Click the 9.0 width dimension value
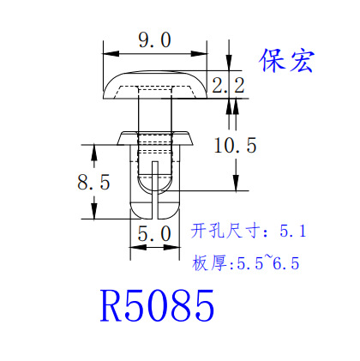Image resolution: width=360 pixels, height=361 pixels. [x=154, y=40]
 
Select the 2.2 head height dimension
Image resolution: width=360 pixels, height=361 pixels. [x=228, y=85]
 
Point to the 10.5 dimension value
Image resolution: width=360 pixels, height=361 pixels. [x=235, y=146]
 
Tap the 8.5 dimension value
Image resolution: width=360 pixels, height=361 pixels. [x=93, y=182]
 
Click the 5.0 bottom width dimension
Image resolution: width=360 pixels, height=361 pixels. [x=154, y=234]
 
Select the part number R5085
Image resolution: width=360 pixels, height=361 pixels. [x=157, y=305]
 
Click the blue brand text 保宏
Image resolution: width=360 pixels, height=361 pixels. [x=286, y=61]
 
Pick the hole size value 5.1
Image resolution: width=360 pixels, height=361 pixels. [x=293, y=231]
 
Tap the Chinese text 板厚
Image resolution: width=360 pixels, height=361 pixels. [x=209, y=263]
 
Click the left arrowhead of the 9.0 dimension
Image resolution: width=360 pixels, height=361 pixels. [x=111, y=53]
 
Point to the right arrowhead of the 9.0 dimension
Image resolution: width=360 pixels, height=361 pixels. [x=199, y=53]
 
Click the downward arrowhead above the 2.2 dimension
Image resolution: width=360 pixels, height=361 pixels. [x=229, y=63]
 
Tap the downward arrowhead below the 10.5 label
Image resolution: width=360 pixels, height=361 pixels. [x=236, y=183]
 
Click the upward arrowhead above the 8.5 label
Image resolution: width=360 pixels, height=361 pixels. [x=94, y=153]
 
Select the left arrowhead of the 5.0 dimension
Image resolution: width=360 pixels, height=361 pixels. [x=138, y=247]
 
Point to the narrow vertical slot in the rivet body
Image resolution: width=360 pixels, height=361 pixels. [x=155, y=190]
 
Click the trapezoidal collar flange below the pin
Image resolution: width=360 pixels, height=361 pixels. [x=155, y=138]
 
